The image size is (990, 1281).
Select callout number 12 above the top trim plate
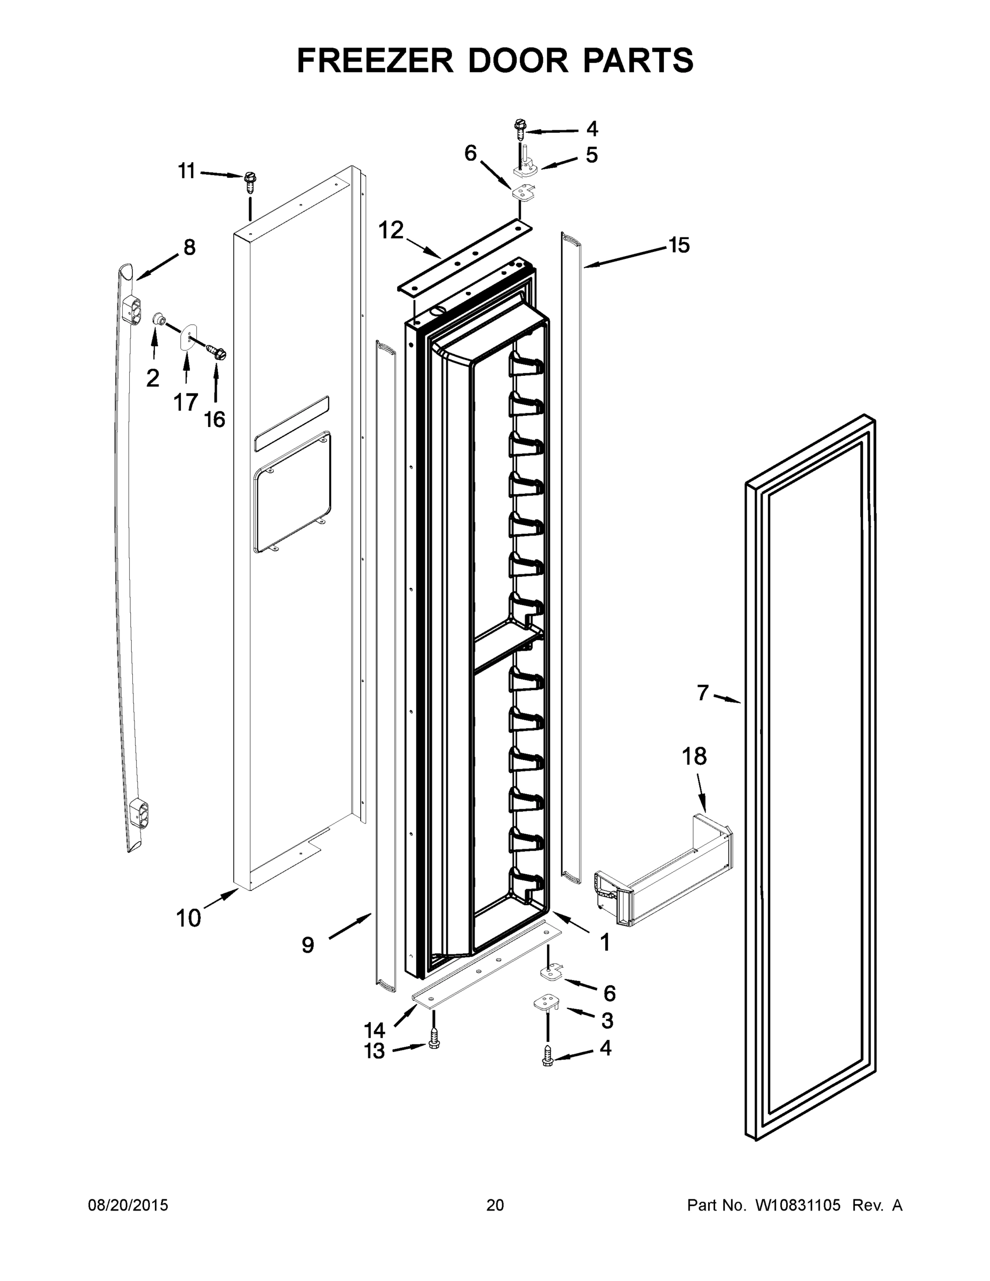tap(391, 230)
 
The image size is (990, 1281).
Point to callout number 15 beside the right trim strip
tap(679, 244)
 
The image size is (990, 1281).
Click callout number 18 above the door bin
tap(694, 757)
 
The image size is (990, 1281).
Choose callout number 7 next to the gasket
tap(703, 693)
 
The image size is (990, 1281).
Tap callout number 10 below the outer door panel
tap(188, 918)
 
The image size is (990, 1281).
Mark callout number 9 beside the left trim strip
tap(308, 945)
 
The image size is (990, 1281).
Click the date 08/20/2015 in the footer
tap(128, 1206)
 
